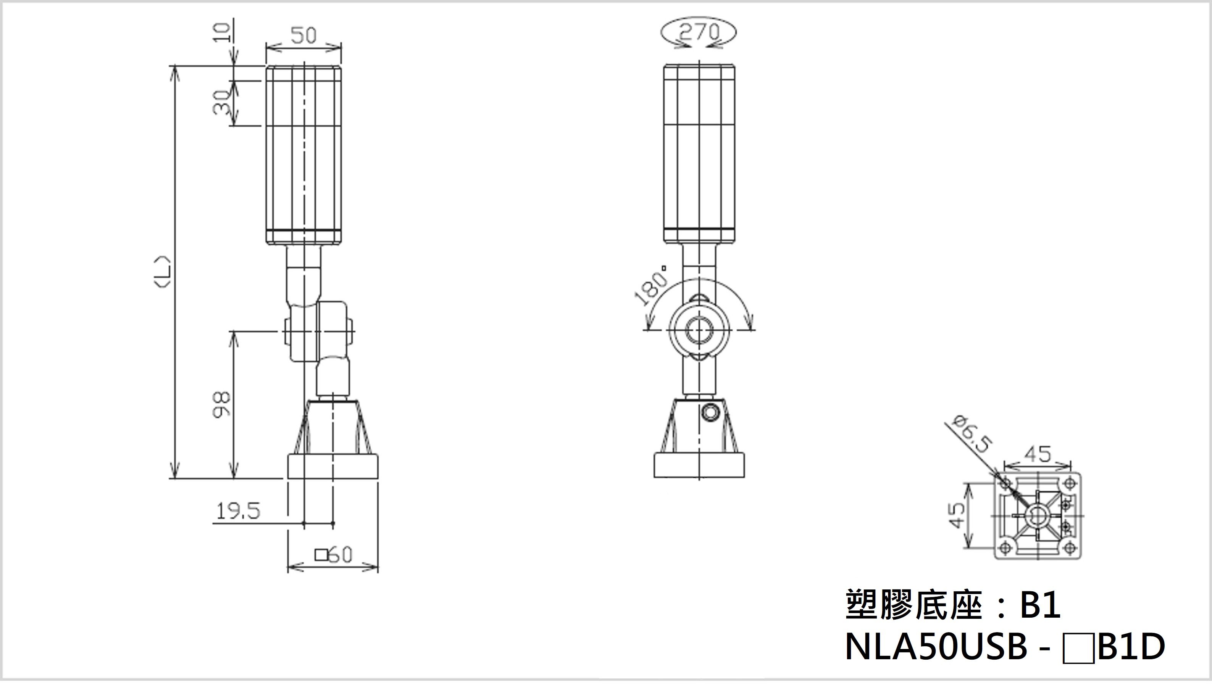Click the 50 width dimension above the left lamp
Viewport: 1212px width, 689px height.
pos(303,35)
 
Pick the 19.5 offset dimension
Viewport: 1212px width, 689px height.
pos(238,511)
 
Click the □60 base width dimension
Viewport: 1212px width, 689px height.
pos(334,555)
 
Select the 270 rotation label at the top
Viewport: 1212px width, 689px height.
pos(699,32)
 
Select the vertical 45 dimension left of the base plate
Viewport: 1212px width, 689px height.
pos(957,515)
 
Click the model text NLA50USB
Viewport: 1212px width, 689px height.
pos(936,647)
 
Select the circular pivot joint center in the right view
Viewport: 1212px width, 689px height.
pos(699,330)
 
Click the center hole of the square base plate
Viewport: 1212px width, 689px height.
pos(1037,515)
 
